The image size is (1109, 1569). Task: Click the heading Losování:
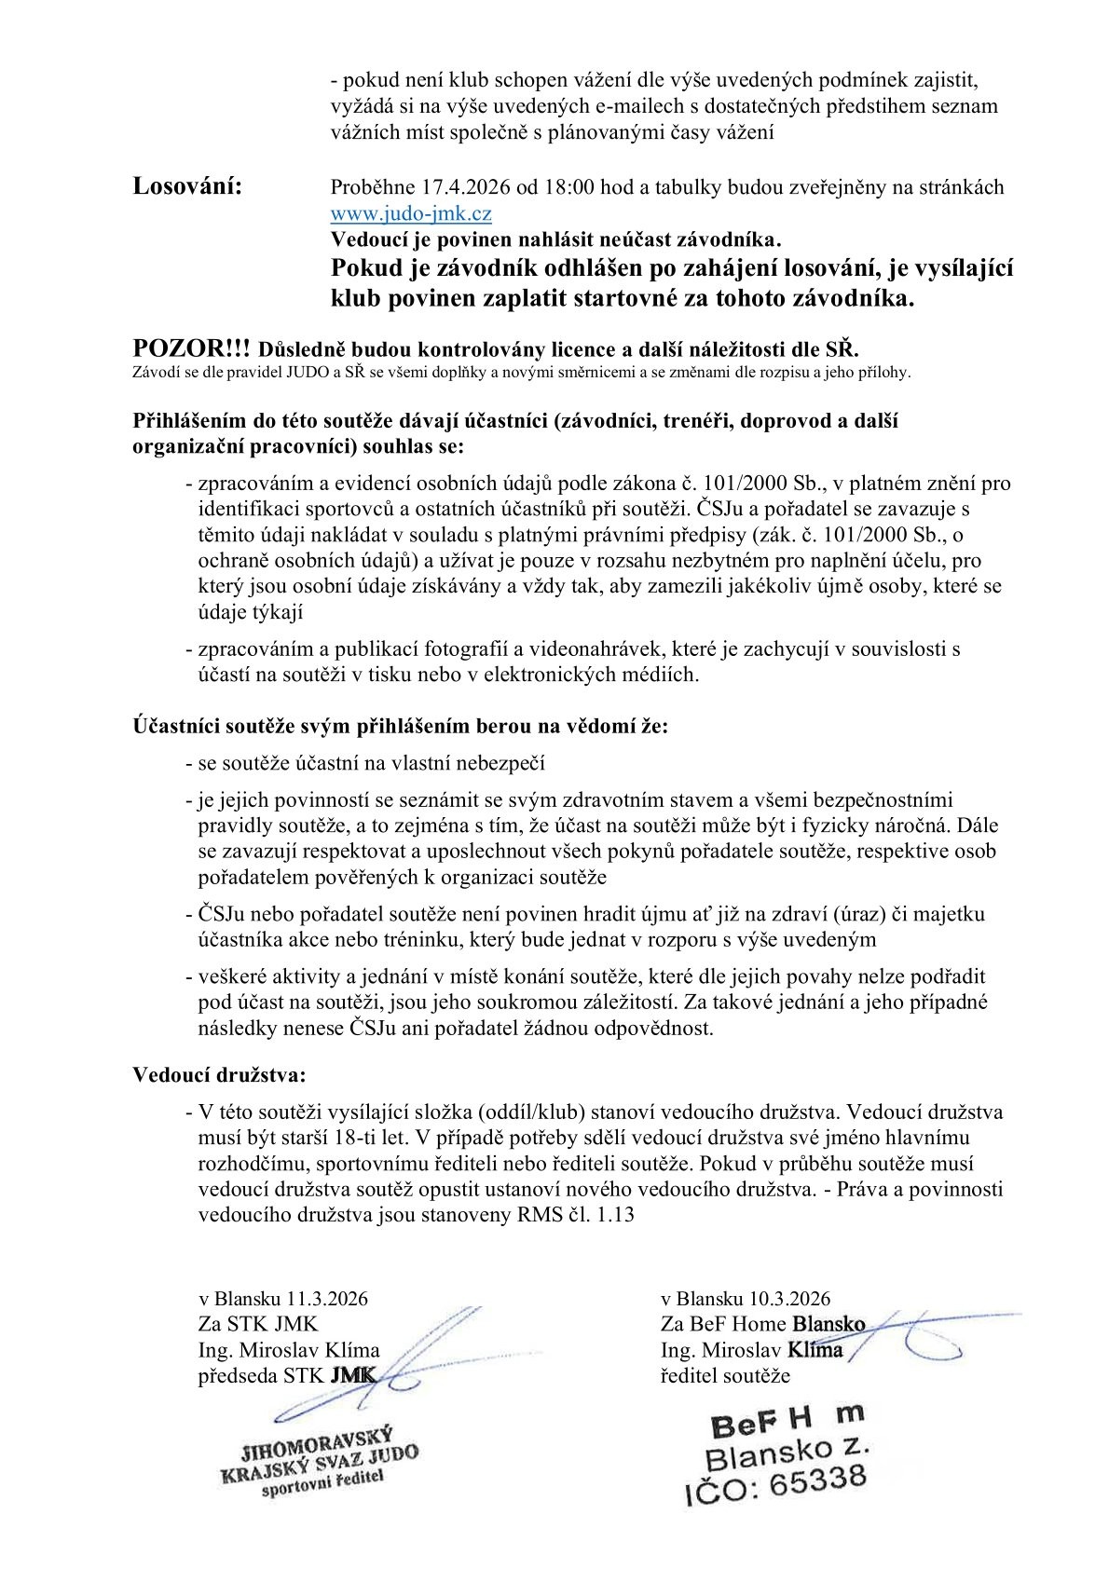coord(187,185)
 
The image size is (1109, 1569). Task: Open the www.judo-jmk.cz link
coord(411,213)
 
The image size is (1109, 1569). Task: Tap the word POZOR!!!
coord(191,349)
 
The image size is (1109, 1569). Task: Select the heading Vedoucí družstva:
coord(219,1074)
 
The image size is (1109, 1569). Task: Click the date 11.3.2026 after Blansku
coord(327,1298)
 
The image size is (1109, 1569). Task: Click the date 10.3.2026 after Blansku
coord(789,1298)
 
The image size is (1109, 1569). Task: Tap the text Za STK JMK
coord(258,1323)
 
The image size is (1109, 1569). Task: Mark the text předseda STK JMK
coord(287,1375)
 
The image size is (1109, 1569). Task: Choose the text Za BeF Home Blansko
coord(762,1323)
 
